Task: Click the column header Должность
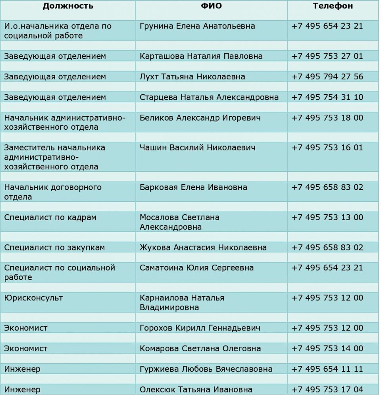point(68,6)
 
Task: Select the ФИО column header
point(211,6)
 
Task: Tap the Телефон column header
point(333,6)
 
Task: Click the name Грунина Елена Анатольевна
point(197,26)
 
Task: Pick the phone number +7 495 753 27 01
point(327,56)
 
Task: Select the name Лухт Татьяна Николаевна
point(192,77)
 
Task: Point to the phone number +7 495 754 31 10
point(327,97)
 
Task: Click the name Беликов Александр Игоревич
point(200,118)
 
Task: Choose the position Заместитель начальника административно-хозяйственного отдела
point(55,157)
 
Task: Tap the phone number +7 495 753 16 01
point(327,148)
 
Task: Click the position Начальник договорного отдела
point(53,192)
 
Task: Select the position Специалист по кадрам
point(50,217)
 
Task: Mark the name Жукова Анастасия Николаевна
point(203,248)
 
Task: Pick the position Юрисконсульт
point(33,298)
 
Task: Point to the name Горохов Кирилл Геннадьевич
point(200,328)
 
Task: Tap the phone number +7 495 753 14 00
point(327,349)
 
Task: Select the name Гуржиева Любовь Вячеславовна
point(206,369)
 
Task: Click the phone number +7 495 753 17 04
point(327,390)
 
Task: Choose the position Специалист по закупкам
point(54,248)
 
